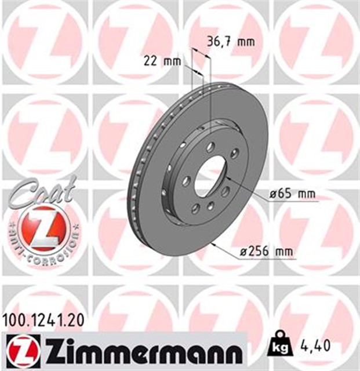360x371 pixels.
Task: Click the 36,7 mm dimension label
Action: pyautogui.click(x=231, y=42)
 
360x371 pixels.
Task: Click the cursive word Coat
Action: pyautogui.click(x=41, y=191)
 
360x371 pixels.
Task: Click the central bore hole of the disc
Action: pyautogui.click(x=210, y=177)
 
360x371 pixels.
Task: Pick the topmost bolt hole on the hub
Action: pyautogui.click(x=210, y=146)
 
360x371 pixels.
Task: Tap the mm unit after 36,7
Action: pyautogui.click(x=246, y=42)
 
